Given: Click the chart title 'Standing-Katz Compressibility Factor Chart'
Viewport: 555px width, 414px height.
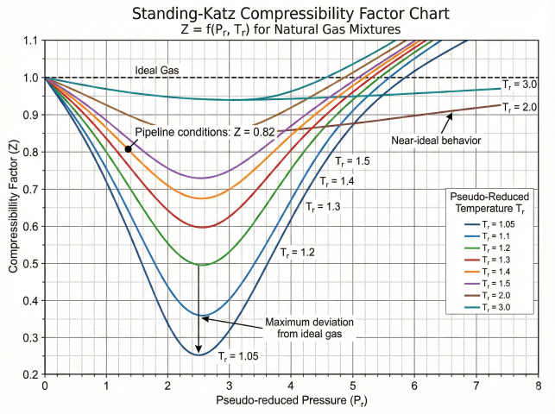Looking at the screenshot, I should (277, 14).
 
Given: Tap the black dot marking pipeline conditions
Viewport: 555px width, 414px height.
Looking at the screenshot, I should (128, 149).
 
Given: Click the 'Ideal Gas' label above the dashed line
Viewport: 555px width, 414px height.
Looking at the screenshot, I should (156, 69).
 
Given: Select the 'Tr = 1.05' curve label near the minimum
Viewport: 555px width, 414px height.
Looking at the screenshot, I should (238, 354).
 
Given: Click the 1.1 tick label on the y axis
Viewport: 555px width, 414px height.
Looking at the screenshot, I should (29, 41).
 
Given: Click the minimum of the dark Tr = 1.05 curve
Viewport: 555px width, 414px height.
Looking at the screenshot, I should (199, 354).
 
